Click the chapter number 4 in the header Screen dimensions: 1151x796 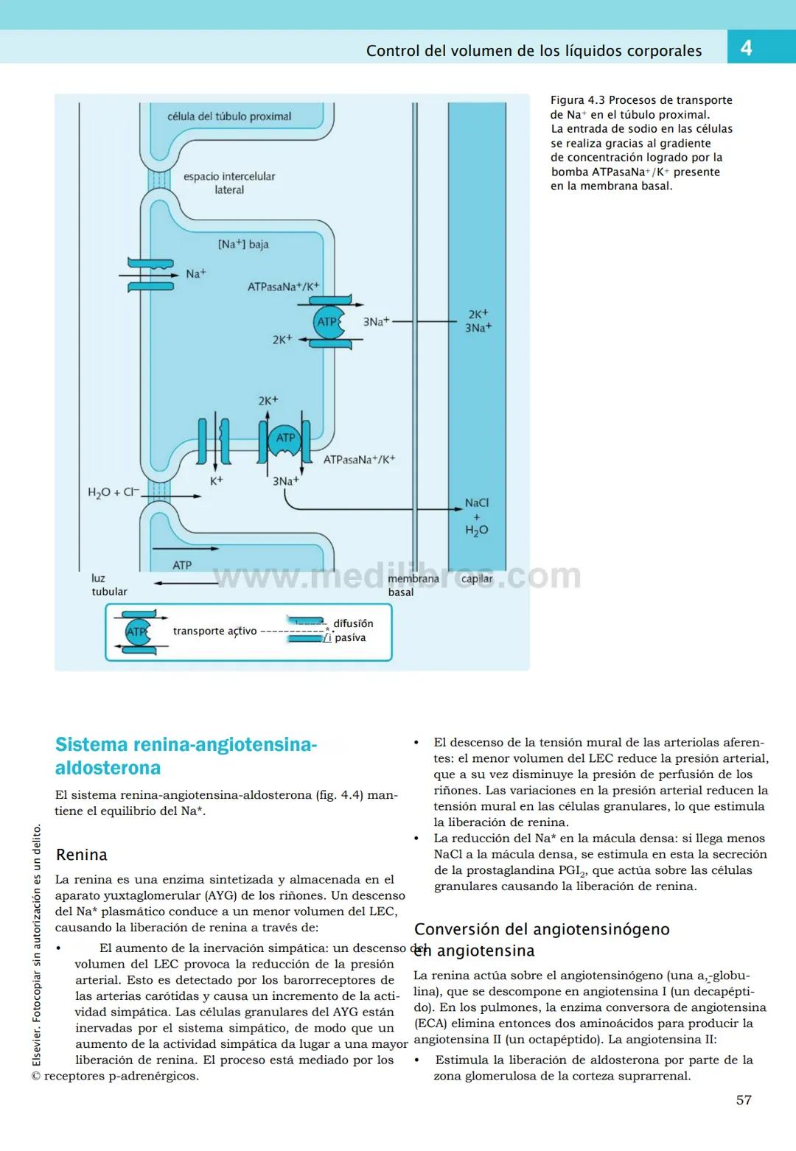pyautogui.click(x=746, y=48)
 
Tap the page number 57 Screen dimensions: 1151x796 pyautogui.click(x=744, y=1100)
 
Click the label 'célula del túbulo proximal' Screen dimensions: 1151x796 pyautogui.click(x=229, y=116)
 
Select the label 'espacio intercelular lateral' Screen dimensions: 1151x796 pyautogui.click(x=229, y=183)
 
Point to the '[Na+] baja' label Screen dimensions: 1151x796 pyautogui.click(x=243, y=244)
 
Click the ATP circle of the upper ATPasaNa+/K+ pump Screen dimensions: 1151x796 pyautogui.click(x=326, y=322)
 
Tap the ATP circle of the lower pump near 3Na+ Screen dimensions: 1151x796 pyautogui.click(x=285, y=438)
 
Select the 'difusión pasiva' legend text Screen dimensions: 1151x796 pyautogui.click(x=352, y=631)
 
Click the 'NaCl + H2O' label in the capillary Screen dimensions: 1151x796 pyautogui.click(x=476, y=517)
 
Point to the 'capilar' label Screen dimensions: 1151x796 pyautogui.click(x=477, y=578)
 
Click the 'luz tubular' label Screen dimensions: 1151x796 pyautogui.click(x=108, y=585)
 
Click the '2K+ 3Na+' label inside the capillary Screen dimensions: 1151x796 pyautogui.click(x=478, y=321)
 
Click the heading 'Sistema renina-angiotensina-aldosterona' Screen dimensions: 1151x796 pyautogui.click(x=186, y=756)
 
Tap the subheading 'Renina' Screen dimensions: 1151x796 pyautogui.click(x=82, y=855)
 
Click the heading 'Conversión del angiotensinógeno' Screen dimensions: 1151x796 pyautogui.click(x=542, y=929)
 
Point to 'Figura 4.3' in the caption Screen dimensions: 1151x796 pyautogui.click(x=578, y=100)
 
